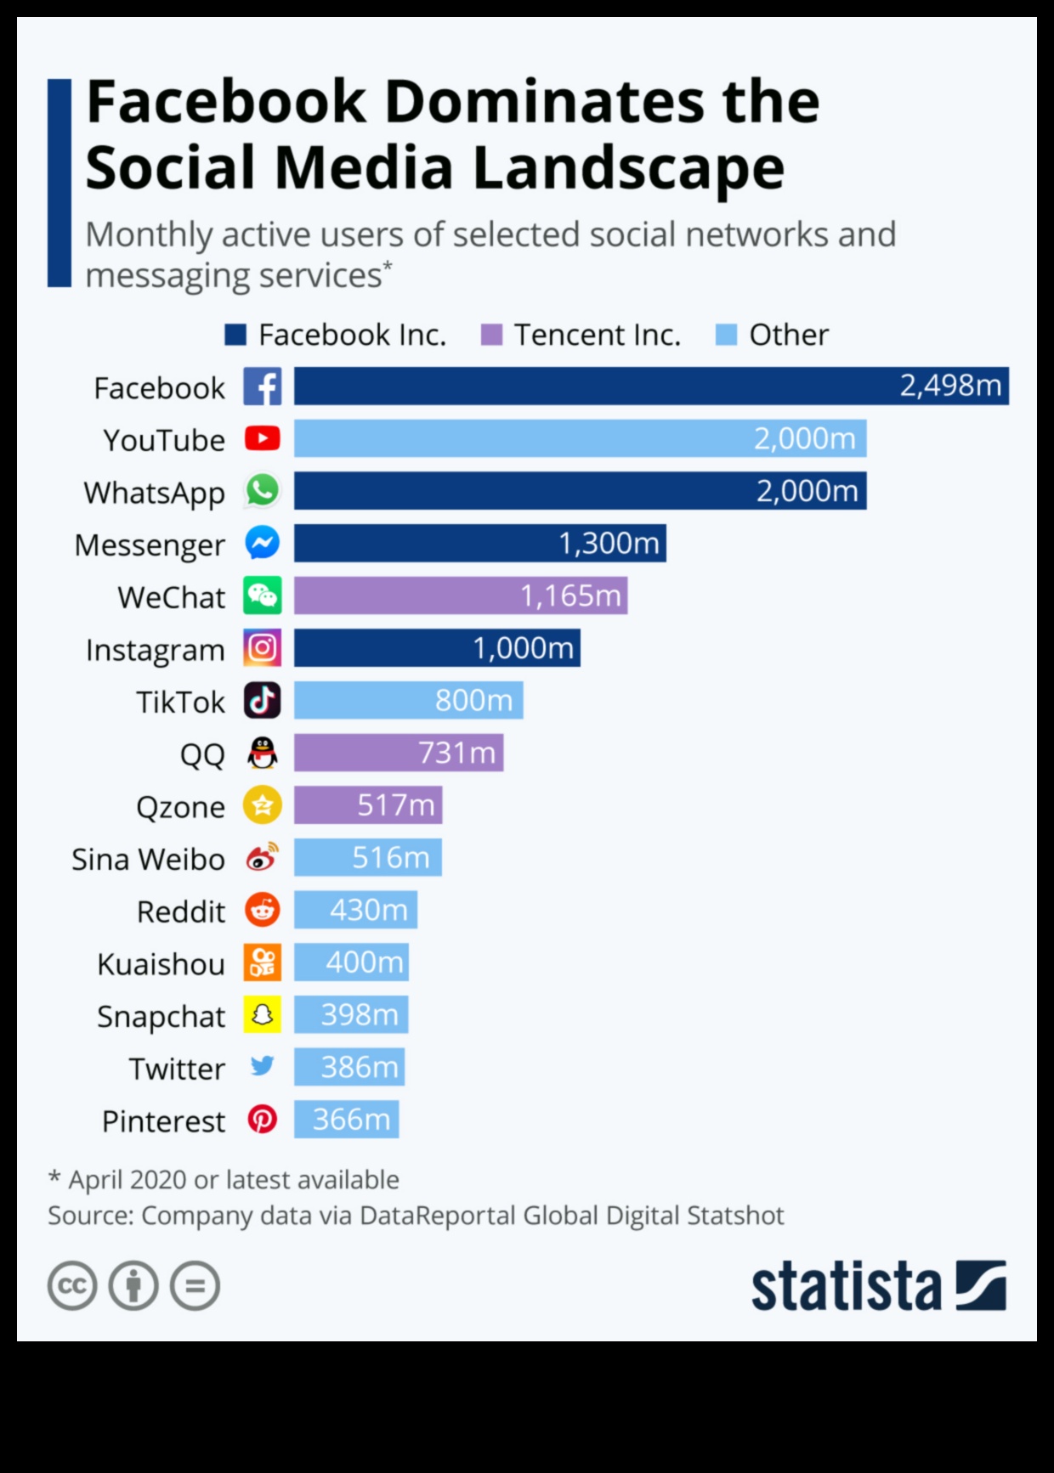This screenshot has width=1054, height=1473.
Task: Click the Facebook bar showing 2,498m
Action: pos(650,386)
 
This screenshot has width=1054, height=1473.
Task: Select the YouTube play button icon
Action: pos(263,438)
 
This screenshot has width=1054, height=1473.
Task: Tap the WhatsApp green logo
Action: pos(263,491)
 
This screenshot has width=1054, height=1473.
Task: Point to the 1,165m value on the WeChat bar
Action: pos(570,595)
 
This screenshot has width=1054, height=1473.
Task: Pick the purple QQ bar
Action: pos(398,753)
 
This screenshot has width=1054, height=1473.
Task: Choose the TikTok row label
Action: pos(180,703)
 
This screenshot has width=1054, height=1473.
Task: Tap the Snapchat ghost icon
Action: pos(263,1014)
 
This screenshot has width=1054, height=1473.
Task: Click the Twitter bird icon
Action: pos(263,1065)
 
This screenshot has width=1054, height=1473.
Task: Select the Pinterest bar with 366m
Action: pos(346,1120)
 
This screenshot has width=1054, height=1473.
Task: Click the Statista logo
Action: pos(878,1286)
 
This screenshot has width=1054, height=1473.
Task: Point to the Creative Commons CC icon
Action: pos(72,1286)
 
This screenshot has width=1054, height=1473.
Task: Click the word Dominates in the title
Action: pos(544,103)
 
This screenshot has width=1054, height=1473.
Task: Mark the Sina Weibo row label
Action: pos(148,860)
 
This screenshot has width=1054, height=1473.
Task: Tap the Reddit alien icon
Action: pos(263,910)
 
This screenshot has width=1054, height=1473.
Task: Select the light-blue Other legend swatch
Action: pos(726,335)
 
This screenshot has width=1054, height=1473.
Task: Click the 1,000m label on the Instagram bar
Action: pos(523,648)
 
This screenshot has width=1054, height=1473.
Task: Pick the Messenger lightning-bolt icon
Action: pos(263,543)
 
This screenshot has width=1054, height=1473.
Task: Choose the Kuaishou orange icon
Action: pos(263,962)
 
